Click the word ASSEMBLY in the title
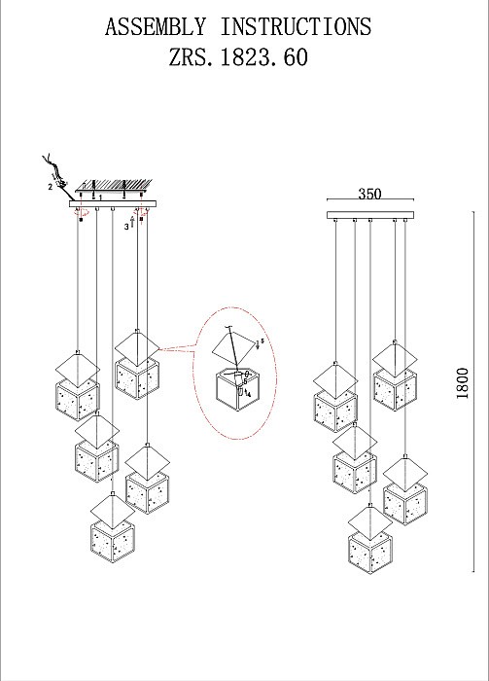point(157,26)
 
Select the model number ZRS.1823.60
point(238,57)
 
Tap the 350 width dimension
point(369,194)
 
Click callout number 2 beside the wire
point(49,184)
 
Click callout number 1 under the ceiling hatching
point(100,197)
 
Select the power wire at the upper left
point(54,166)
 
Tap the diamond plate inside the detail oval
point(230,346)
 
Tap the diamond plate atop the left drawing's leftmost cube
point(76,365)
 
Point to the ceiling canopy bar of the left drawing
point(112,205)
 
